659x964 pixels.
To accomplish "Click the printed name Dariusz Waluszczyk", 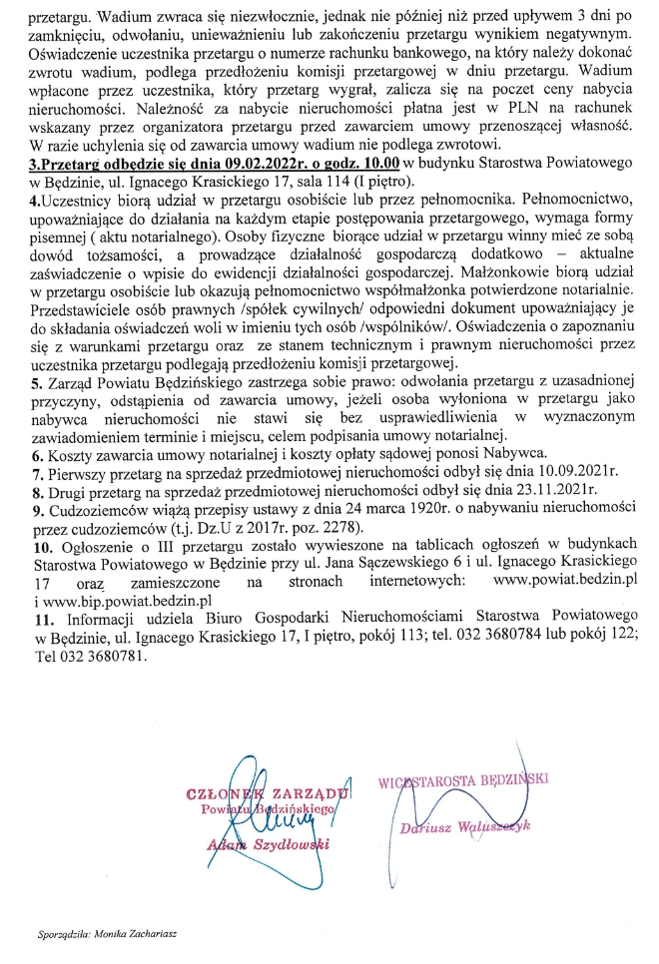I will point(466,826).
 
